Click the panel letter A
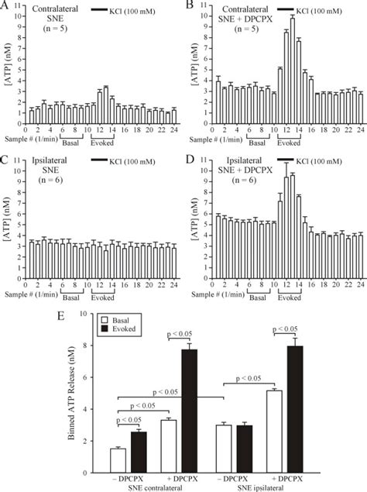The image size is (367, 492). click(6, 6)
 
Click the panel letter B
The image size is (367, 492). click(188, 6)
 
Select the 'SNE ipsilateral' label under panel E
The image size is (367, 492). click(277, 487)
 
